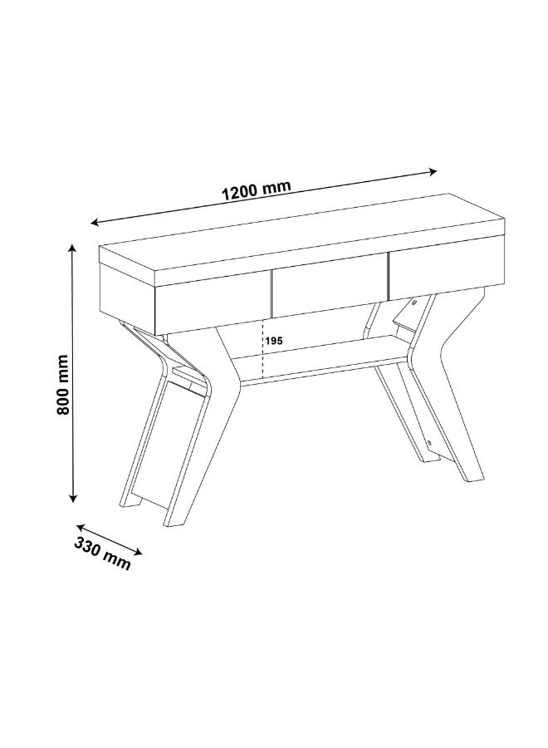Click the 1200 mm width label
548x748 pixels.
256,190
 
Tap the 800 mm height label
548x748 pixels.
63,386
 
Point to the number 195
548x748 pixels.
274,341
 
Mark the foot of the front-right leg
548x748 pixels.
471,476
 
